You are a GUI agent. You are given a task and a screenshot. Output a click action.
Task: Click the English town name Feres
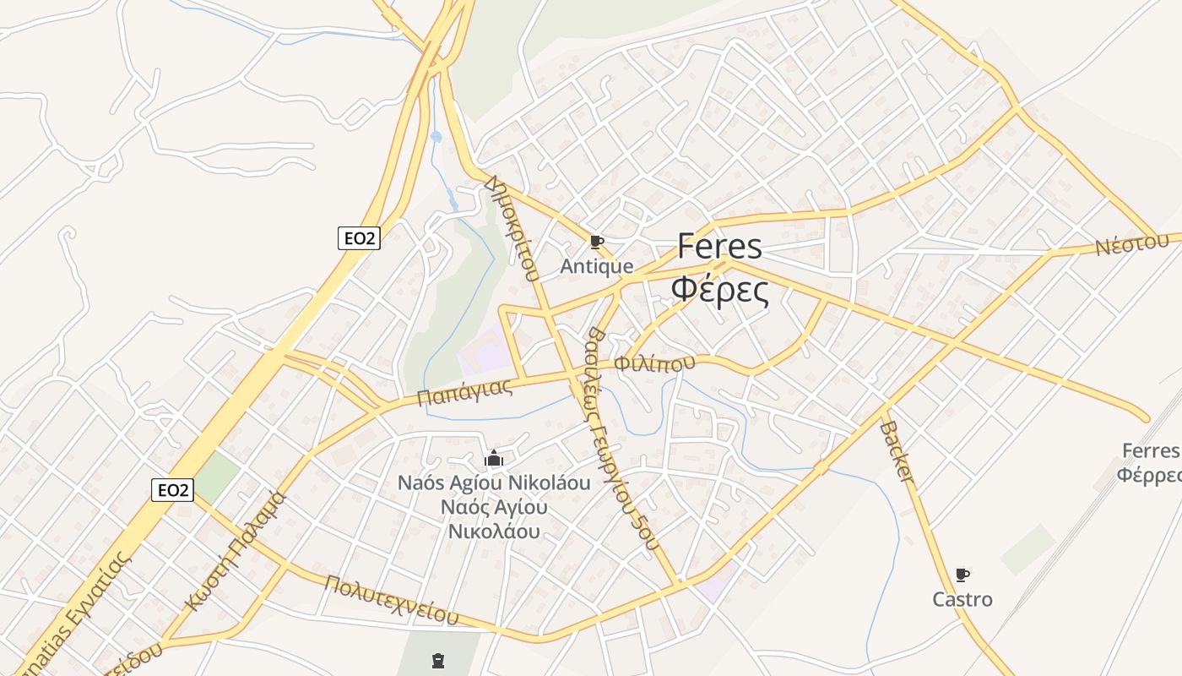click(719, 248)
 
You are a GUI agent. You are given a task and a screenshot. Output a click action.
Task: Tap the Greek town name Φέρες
click(719, 290)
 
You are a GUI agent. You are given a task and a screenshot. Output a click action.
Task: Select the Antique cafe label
click(597, 267)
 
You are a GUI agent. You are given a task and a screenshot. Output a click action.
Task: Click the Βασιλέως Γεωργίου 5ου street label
click(621, 439)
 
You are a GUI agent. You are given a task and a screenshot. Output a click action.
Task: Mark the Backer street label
click(897, 452)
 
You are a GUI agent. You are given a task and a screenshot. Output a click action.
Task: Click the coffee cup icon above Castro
click(962, 575)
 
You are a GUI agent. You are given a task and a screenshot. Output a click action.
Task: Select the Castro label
click(962, 600)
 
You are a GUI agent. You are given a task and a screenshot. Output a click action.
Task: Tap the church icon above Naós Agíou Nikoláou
click(494, 459)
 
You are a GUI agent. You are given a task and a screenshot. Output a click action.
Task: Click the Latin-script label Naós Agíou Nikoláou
click(494, 483)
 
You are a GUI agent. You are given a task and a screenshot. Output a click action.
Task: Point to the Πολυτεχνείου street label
click(392, 600)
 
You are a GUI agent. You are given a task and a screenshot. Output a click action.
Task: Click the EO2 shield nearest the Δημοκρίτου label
click(359, 238)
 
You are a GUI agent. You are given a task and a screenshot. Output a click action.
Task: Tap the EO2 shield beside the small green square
click(172, 489)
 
